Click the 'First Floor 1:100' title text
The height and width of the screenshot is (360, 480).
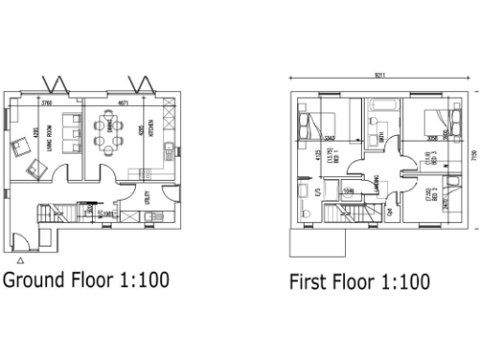click(x=360, y=281)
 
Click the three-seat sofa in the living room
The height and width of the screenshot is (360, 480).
click(x=69, y=132)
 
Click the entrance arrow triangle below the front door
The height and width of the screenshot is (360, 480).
click(x=20, y=260)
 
